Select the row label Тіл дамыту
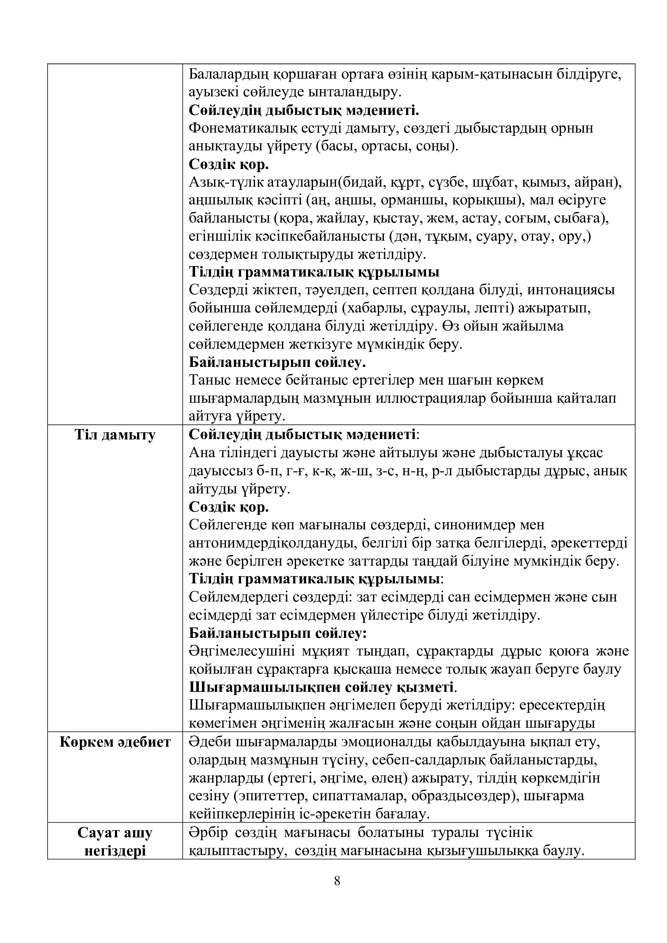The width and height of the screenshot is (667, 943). click(x=115, y=435)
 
